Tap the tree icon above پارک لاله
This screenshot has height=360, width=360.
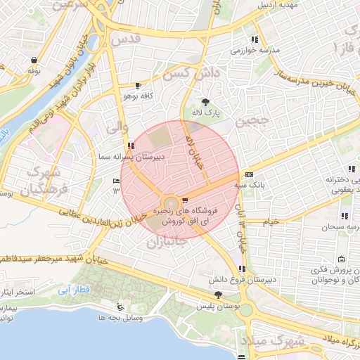205,101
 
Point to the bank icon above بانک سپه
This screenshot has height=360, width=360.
249,174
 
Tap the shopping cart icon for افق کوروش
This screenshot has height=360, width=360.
185,200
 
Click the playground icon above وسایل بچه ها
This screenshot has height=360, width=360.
121,307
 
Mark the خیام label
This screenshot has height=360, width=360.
271,221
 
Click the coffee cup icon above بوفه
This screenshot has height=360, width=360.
33,61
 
